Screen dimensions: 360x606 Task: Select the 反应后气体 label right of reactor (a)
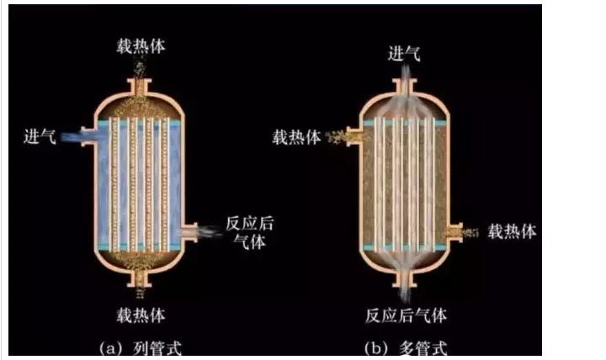(249, 233)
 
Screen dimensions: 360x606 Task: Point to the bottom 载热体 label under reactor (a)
(141, 315)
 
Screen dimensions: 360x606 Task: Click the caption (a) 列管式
(140, 347)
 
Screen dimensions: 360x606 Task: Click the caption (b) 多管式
(406, 347)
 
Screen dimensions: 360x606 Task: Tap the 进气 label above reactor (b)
(405, 55)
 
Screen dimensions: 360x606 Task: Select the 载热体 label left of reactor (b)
(296, 136)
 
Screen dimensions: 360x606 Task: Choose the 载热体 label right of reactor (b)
(512, 230)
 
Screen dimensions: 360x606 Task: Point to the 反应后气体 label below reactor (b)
(406, 315)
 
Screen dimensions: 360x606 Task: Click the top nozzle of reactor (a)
(141, 87)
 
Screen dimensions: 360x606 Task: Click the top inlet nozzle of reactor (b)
(405, 87)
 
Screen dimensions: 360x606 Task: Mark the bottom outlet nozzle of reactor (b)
(405, 275)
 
